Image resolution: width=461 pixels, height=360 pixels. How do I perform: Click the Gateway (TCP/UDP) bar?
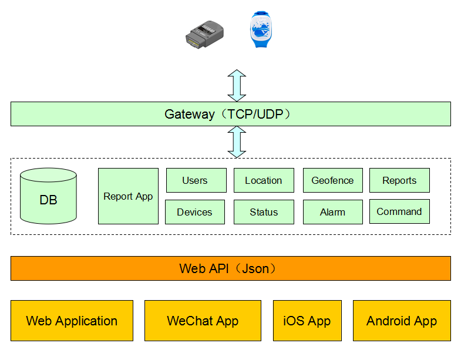point(230,114)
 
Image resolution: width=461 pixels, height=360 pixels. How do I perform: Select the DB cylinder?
point(48,196)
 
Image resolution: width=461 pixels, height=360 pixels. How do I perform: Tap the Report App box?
point(128,196)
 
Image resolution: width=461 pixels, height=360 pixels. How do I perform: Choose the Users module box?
point(196,180)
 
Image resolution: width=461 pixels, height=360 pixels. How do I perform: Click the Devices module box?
point(194,212)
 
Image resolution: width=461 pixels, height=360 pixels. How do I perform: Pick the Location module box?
point(264,180)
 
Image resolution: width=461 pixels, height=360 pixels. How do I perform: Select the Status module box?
point(264,212)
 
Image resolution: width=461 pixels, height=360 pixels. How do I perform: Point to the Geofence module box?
point(332,180)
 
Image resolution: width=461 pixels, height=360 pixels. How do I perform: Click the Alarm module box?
point(332,212)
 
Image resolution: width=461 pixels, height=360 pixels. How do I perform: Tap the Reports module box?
point(399,180)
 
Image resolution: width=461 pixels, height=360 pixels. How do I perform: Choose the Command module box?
point(399,211)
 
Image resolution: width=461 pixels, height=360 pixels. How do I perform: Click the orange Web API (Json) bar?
point(230,268)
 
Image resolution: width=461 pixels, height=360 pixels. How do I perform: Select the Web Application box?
point(72,321)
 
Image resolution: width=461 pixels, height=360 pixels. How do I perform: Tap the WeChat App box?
point(203,321)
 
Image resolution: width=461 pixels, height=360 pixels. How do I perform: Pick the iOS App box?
point(307,321)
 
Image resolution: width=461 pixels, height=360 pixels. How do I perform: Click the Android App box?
point(402,321)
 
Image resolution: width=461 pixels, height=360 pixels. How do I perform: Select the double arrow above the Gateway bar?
point(237,85)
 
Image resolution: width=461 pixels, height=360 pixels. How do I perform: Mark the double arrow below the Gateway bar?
point(237,142)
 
